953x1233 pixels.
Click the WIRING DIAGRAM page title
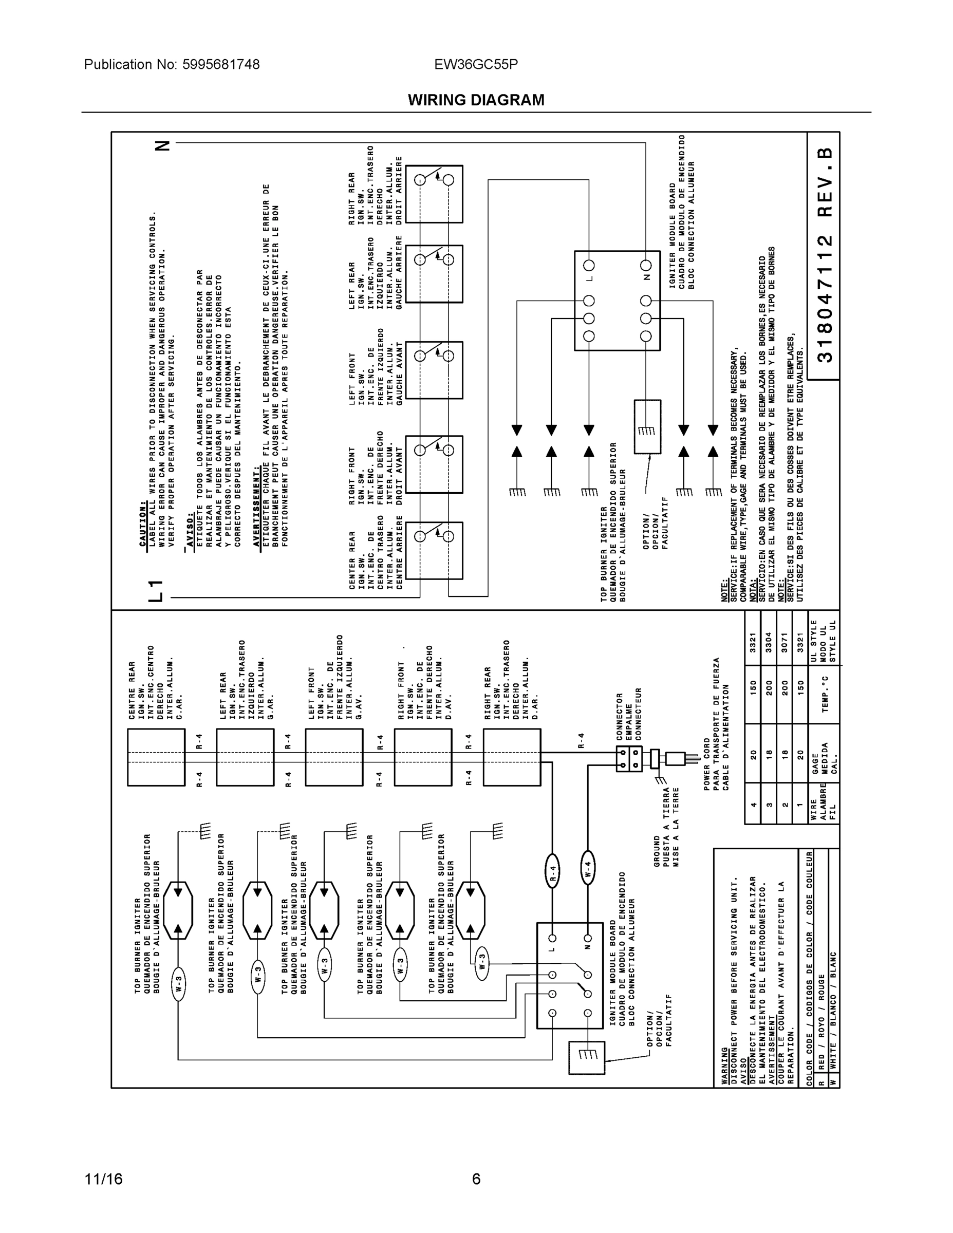pyautogui.click(x=476, y=100)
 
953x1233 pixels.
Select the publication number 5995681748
pyautogui.click(x=221, y=64)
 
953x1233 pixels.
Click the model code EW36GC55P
pyautogui.click(x=476, y=64)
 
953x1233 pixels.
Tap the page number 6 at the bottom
pyautogui.click(x=476, y=1179)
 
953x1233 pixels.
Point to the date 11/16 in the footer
pyautogui.click(x=103, y=1179)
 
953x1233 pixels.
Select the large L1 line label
pyautogui.click(x=156, y=590)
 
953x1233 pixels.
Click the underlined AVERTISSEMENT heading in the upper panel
pyautogui.click(x=257, y=506)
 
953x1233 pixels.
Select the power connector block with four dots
pyautogui.click(x=629, y=758)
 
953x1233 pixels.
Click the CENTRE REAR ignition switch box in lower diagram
pyautogui.click(x=156, y=757)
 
